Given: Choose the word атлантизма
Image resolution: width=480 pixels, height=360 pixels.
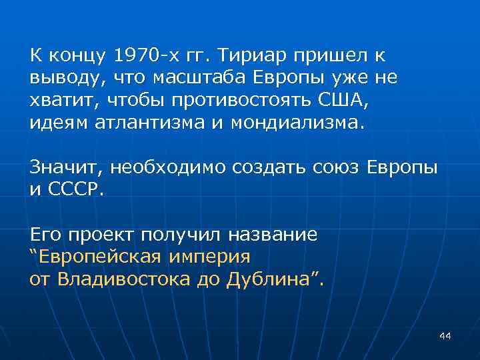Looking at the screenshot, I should (135, 123).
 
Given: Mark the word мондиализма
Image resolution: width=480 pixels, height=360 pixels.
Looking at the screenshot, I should (279, 123).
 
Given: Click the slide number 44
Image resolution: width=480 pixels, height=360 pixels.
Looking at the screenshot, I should (445, 336).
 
